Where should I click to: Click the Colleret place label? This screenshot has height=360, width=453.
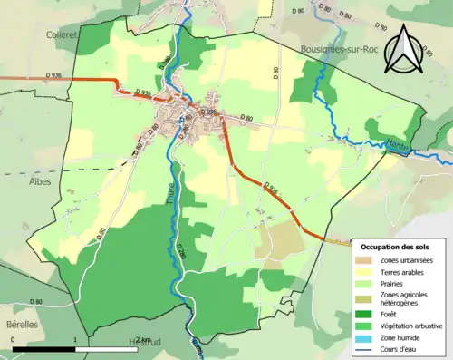click(63, 34)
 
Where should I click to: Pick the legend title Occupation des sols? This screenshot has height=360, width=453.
click(396, 247)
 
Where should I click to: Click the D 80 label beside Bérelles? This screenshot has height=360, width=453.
click(36, 301)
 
